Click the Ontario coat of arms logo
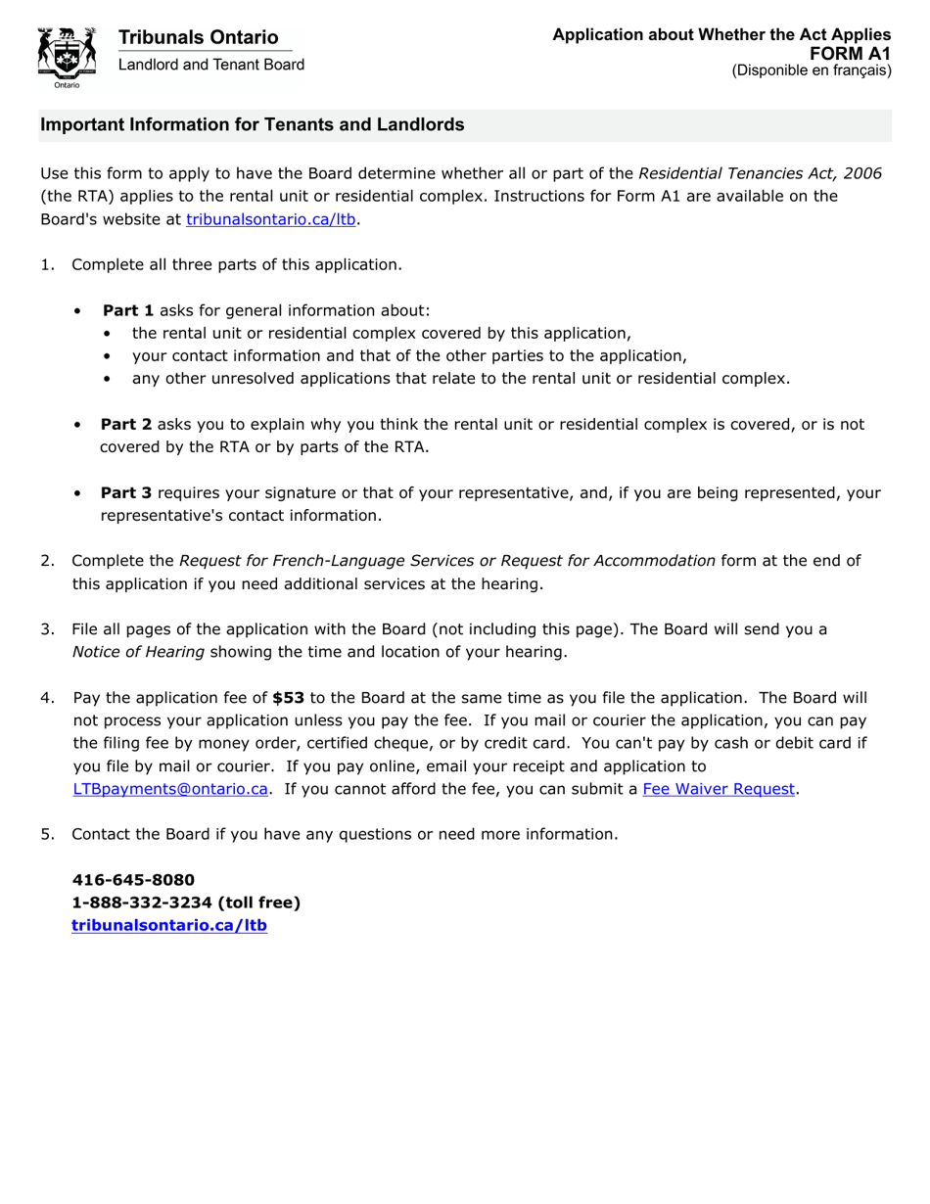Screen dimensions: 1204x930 67,56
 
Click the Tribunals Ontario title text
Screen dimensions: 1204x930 198,37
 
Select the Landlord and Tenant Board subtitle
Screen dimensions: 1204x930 210,65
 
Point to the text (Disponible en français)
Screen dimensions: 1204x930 812,70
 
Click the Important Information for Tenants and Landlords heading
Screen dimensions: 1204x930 252,125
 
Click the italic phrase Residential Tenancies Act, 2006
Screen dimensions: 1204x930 760,173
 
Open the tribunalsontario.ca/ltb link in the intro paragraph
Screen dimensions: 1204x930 270,220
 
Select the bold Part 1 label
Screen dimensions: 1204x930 128,310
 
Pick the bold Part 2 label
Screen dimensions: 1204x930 126,425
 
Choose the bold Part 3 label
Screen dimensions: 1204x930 126,493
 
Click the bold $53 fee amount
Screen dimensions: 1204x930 288,698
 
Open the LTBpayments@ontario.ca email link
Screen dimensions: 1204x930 170,789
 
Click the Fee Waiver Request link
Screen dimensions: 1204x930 719,789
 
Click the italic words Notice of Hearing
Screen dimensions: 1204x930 138,652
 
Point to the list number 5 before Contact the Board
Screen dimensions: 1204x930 46,834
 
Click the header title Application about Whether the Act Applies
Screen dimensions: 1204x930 721,35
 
